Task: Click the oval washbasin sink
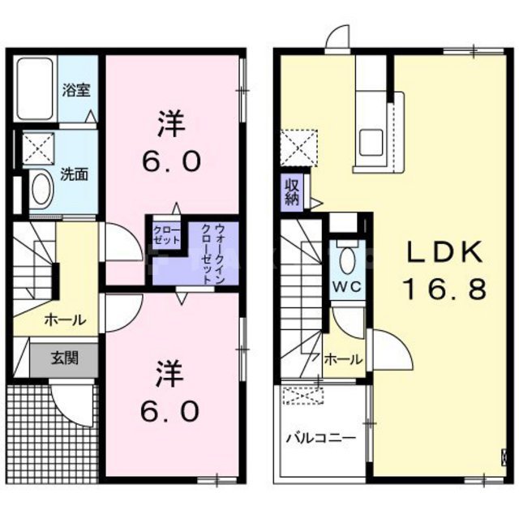pyautogui.click(x=40, y=189)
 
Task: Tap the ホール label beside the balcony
pyautogui.click(x=342, y=359)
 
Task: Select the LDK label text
pyautogui.click(x=444, y=253)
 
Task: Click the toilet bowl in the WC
pyautogui.click(x=346, y=259)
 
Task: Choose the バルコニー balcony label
pyautogui.click(x=320, y=438)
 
